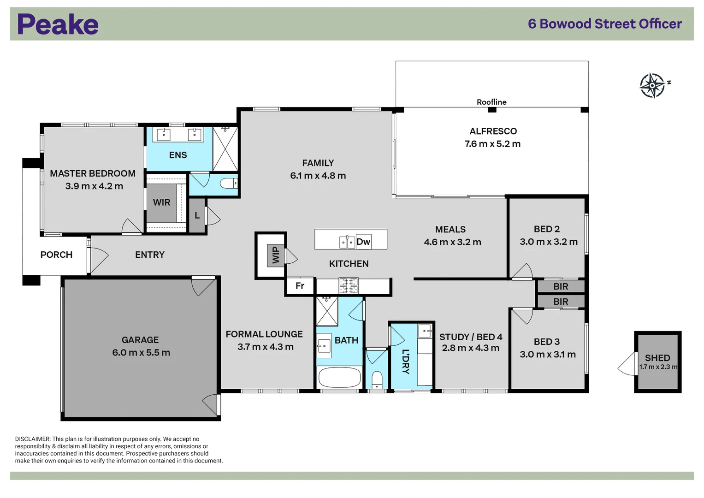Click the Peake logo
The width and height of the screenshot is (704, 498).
click(x=58, y=24)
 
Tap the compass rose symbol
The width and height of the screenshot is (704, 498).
click(x=652, y=85)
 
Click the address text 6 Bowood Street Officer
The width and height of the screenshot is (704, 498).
click(x=604, y=24)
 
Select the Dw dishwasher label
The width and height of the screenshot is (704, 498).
click(x=363, y=242)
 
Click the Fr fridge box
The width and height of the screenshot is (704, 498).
click(x=300, y=286)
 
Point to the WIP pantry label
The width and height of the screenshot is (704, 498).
click(x=276, y=255)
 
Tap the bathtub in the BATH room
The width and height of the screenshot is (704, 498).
click(x=340, y=378)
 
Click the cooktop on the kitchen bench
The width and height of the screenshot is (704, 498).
click(x=349, y=285)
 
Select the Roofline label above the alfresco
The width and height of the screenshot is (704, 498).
click(x=491, y=102)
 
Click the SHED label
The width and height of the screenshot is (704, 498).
click(x=657, y=358)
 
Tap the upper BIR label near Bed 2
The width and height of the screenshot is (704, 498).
click(x=561, y=286)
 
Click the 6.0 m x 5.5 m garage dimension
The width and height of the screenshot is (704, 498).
click(x=141, y=353)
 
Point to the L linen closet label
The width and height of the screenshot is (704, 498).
click(x=197, y=215)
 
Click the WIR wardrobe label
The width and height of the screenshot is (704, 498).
click(x=161, y=202)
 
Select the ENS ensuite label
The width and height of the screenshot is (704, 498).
click(x=178, y=155)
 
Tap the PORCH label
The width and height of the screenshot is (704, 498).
click(x=56, y=255)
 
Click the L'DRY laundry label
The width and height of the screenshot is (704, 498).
click(x=406, y=361)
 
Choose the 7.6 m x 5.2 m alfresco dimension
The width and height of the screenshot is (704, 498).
click(x=492, y=144)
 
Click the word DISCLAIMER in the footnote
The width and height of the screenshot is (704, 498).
click(x=32, y=439)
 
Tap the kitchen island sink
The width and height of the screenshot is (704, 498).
click(x=347, y=242)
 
